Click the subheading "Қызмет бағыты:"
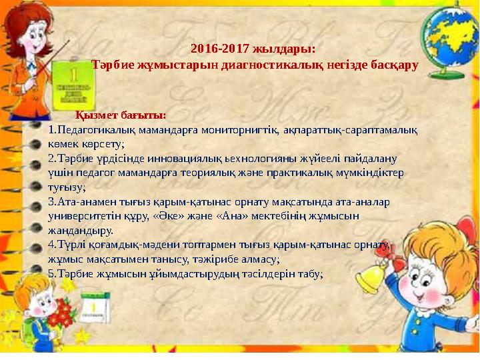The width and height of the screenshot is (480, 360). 121,115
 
